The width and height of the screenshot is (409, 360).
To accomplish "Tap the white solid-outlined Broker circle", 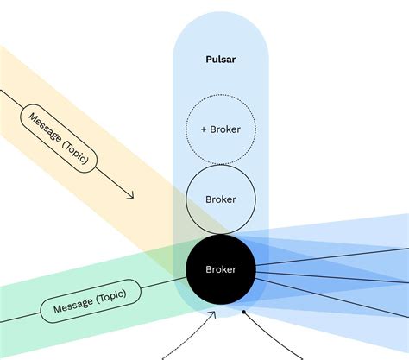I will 221,199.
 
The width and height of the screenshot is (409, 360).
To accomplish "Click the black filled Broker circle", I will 221,268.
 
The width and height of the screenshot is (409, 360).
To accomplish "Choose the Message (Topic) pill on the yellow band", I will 60,138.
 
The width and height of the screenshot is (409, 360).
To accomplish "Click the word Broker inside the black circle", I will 221,269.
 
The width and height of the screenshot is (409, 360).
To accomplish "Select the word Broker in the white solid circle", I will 221,199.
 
